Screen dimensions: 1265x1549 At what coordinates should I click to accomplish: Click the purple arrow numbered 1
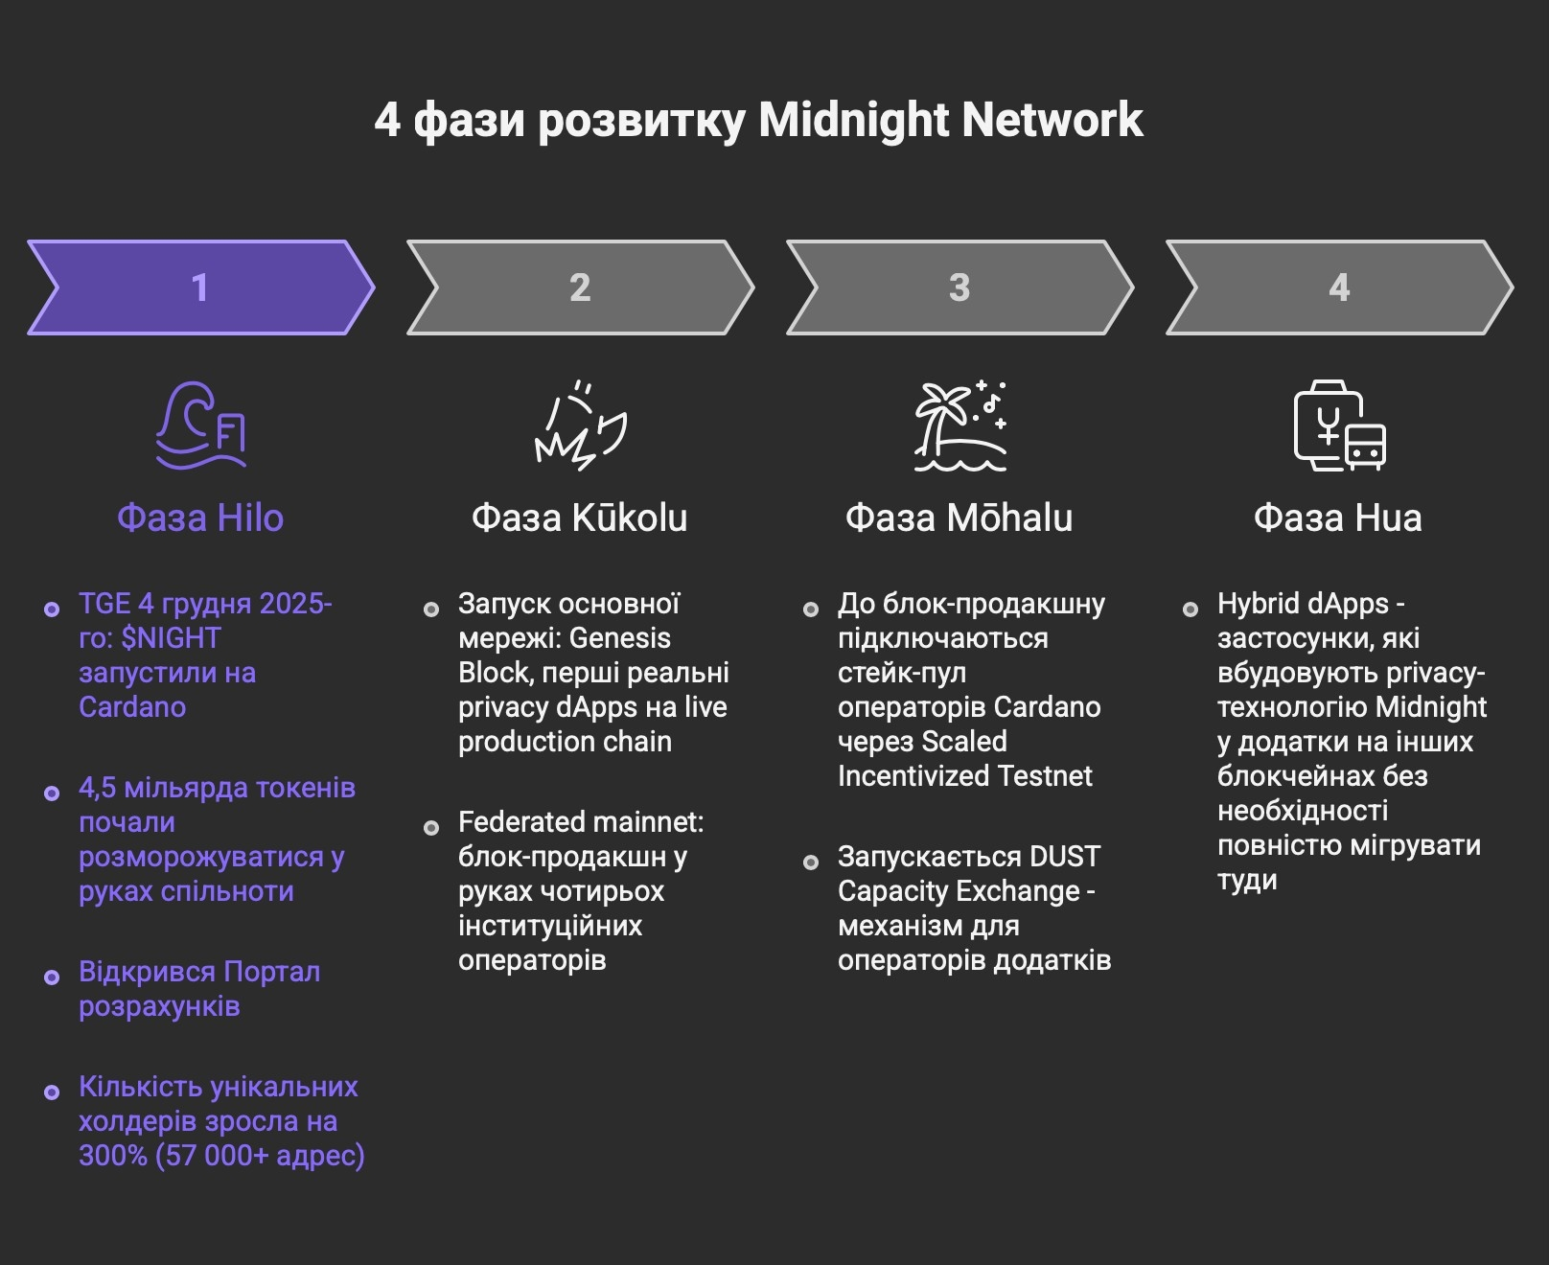pyautogui.click(x=200, y=287)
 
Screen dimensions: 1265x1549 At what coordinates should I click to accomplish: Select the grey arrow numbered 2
pyautogui.click(x=580, y=287)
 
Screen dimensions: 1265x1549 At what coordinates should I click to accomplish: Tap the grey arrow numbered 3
pyautogui.click(x=959, y=287)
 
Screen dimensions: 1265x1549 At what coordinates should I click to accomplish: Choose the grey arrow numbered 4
pyautogui.click(x=1339, y=287)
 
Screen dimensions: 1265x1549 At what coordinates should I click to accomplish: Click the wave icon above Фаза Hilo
pyautogui.click(x=201, y=425)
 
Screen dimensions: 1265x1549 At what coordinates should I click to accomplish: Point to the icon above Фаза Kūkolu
pyautogui.click(x=580, y=427)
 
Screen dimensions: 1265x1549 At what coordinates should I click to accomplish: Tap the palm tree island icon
pyautogui.click(x=959, y=427)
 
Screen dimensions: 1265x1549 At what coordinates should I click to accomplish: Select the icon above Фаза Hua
pyautogui.click(x=1339, y=427)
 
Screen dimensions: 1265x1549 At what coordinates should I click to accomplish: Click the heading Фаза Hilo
pyautogui.click(x=200, y=518)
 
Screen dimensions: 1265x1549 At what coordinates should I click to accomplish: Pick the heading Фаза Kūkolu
pyautogui.click(x=580, y=518)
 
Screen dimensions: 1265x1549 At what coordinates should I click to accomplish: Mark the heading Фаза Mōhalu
pyautogui.click(x=959, y=518)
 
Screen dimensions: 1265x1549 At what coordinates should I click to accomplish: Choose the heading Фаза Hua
pyautogui.click(x=1338, y=518)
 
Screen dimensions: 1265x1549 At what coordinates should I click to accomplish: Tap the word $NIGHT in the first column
pyautogui.click(x=171, y=638)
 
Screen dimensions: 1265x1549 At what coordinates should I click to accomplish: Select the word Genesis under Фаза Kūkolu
pyautogui.click(x=619, y=638)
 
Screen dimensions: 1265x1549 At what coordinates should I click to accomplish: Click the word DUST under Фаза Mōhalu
pyautogui.click(x=1064, y=857)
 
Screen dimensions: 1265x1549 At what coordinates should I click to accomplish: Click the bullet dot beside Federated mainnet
pyautogui.click(x=431, y=828)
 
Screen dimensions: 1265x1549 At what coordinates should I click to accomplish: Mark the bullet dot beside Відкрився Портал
pyautogui.click(x=52, y=977)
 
